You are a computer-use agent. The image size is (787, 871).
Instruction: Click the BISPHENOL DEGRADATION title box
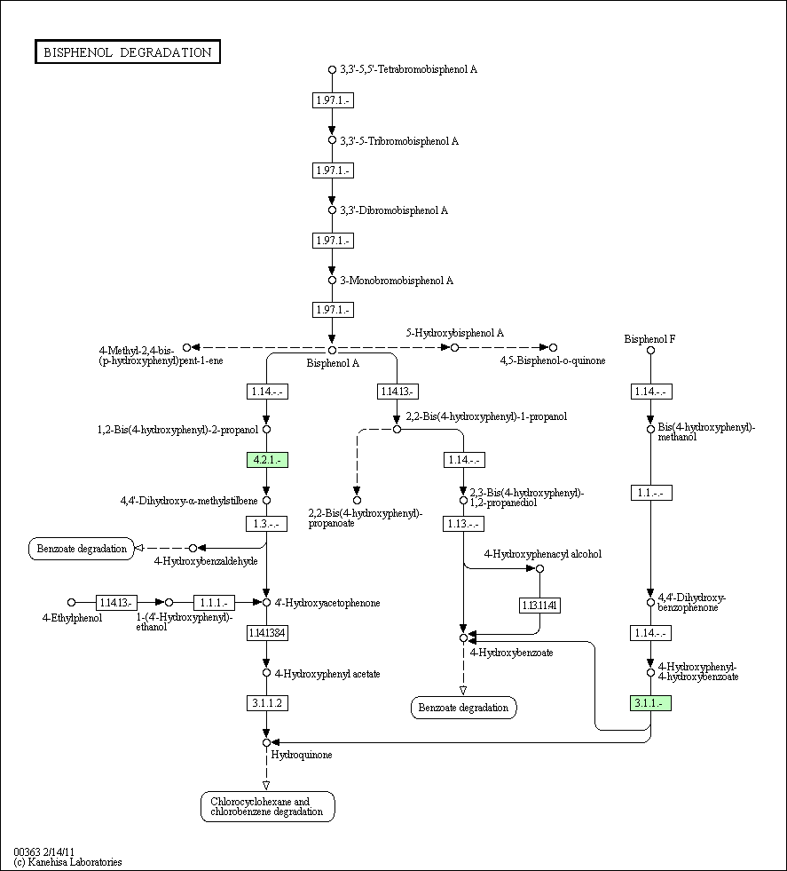click(x=128, y=52)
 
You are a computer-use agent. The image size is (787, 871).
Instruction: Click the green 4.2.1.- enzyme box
click(x=266, y=459)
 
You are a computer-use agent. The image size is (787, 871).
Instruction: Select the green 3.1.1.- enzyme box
click(x=650, y=702)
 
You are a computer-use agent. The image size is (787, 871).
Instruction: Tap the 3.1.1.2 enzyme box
click(x=266, y=702)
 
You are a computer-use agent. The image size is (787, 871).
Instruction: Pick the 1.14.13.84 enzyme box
click(x=266, y=633)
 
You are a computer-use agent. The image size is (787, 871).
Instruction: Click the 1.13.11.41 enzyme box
click(x=539, y=606)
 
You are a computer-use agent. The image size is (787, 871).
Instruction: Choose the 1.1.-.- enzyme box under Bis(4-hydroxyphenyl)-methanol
click(x=650, y=493)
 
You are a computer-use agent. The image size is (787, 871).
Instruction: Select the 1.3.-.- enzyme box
click(x=266, y=524)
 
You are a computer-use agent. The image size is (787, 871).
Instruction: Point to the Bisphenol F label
click(x=649, y=338)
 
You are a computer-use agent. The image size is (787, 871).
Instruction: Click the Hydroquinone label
click(x=302, y=755)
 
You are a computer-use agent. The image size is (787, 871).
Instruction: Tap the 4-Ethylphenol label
click(x=72, y=617)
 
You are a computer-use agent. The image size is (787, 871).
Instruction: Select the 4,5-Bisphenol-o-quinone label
click(x=552, y=360)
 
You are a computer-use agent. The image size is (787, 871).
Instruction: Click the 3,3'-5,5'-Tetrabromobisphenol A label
click(x=408, y=69)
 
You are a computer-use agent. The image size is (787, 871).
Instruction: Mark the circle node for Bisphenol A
click(x=332, y=350)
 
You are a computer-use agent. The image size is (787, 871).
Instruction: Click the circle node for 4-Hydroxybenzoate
click(x=463, y=637)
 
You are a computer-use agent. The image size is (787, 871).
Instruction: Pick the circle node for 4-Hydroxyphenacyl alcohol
click(x=539, y=568)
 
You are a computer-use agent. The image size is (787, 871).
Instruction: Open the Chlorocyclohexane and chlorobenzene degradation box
click(x=267, y=806)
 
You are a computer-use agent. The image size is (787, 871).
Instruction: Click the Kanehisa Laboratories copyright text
click(x=68, y=861)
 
